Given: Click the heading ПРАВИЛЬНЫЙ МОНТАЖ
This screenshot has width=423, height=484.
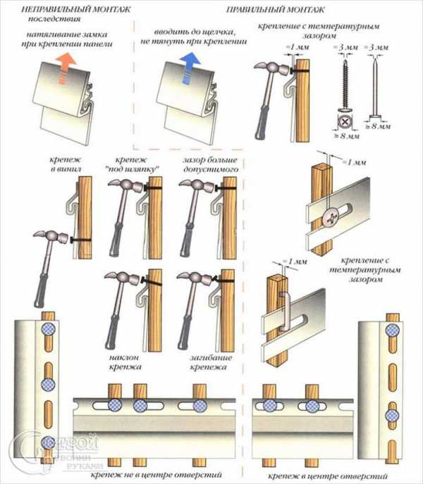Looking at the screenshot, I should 276,10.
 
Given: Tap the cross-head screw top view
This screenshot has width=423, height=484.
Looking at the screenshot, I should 345,121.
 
